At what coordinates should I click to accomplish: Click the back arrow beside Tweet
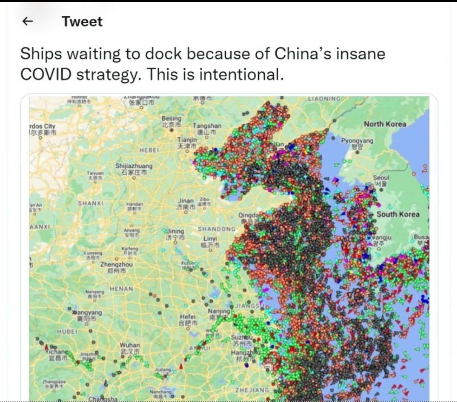coord(28,21)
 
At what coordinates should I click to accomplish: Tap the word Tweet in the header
coord(82,21)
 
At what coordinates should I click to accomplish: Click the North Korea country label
coord(385,124)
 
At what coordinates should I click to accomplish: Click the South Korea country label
coord(398,214)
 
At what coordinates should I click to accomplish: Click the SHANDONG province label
coord(216,229)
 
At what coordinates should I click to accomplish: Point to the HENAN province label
coord(121,289)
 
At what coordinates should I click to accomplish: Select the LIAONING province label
coord(324,99)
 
